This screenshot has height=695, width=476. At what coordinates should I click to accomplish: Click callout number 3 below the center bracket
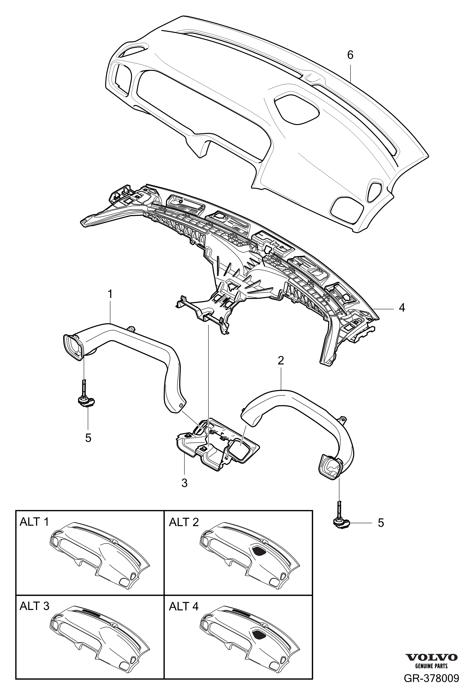(184, 483)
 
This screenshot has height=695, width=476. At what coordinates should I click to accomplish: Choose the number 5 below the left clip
(88, 438)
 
